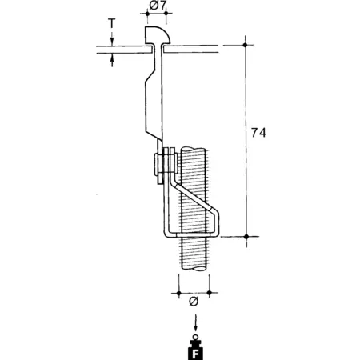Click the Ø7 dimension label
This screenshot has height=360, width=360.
click(158, 6)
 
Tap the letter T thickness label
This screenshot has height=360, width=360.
click(112, 23)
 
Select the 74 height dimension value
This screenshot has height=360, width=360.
click(258, 133)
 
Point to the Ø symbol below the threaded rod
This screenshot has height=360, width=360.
click(194, 302)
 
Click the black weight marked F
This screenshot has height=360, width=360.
click(195, 349)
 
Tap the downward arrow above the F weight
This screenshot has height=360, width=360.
click(196, 323)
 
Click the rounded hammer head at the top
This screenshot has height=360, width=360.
click(157, 35)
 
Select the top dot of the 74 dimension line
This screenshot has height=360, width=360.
click(246, 45)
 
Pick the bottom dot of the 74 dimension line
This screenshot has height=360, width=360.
click(246, 237)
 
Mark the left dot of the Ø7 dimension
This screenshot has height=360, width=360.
click(147, 13)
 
